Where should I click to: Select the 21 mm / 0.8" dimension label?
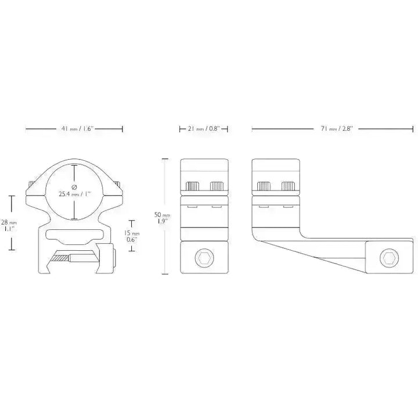[204, 129]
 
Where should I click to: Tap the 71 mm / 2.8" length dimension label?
[336, 129]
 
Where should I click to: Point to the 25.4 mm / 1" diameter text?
[75, 194]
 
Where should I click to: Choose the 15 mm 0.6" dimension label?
[132, 236]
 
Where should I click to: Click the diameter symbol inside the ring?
[74, 187]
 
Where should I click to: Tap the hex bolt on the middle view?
[204, 258]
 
